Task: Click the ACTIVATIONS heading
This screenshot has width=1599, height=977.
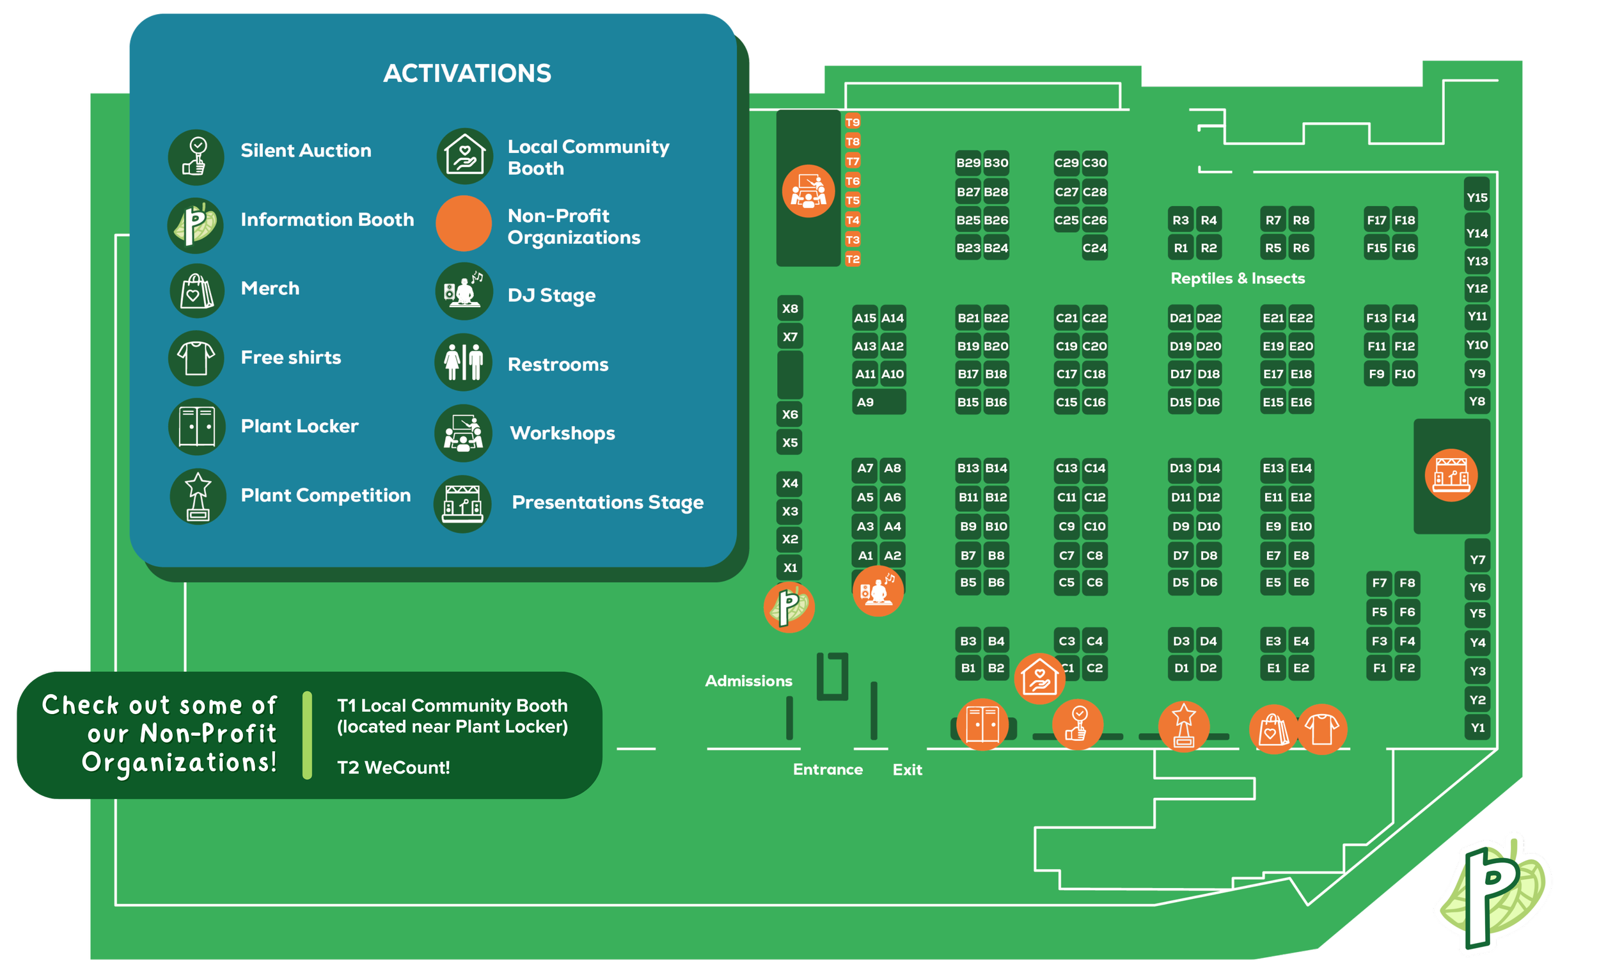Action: click(x=468, y=74)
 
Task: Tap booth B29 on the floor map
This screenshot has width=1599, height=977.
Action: click(x=968, y=163)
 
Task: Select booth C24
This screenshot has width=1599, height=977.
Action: click(x=1094, y=248)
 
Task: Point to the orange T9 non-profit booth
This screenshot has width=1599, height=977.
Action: click(x=853, y=122)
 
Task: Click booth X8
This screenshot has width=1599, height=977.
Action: click(x=790, y=308)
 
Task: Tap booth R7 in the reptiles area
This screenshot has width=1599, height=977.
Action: click(x=1273, y=220)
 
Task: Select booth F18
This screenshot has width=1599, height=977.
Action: click(x=1405, y=220)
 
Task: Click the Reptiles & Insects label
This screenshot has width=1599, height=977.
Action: click(x=1238, y=278)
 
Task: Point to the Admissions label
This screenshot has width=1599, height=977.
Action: click(x=748, y=681)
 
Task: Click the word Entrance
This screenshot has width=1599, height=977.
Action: click(x=828, y=769)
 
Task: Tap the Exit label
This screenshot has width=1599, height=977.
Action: click(x=907, y=769)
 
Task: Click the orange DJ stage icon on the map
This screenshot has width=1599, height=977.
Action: click(x=878, y=591)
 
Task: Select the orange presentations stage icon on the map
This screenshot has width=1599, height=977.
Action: click(x=1451, y=475)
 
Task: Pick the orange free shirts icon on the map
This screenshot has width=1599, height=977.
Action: click(x=1322, y=729)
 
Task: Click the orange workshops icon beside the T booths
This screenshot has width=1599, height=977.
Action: click(x=808, y=191)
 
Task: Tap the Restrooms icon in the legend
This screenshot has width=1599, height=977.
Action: click(x=463, y=362)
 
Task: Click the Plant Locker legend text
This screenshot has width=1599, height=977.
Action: click(x=299, y=426)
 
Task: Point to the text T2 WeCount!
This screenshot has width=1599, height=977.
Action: click(x=393, y=767)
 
